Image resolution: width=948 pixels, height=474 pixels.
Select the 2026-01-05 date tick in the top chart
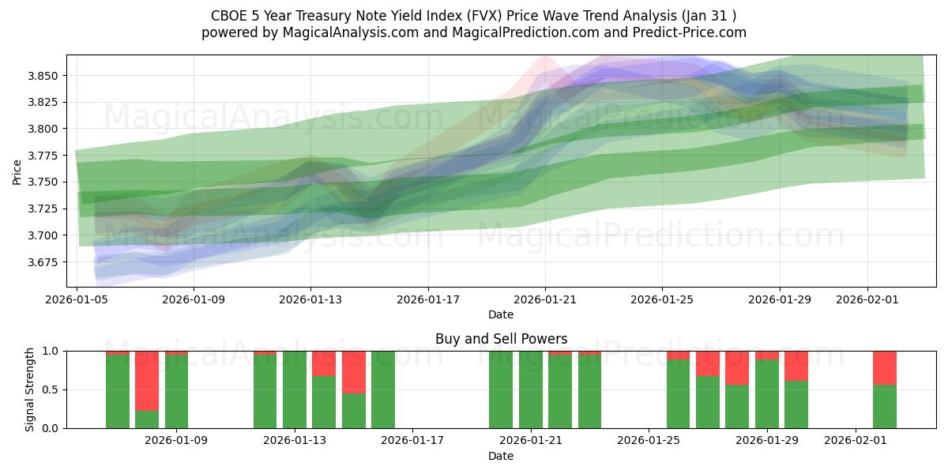tap(77, 299)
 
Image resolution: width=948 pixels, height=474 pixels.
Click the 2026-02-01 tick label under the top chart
tap(867, 299)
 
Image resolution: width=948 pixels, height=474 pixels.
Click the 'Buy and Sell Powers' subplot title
tap(501, 339)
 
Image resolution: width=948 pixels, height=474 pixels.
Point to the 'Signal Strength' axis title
tap(29, 389)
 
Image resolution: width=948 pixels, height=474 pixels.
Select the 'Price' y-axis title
tap(17, 171)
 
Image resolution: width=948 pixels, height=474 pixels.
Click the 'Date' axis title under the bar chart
tap(501, 456)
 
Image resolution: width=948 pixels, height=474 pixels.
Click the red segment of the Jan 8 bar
tap(147, 380)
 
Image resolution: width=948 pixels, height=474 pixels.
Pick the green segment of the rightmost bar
tap(885, 406)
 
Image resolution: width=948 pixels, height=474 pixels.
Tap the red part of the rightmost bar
tap(885, 367)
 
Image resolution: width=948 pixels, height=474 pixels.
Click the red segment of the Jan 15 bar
tap(354, 371)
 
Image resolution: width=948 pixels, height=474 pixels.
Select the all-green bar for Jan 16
tap(383, 389)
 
